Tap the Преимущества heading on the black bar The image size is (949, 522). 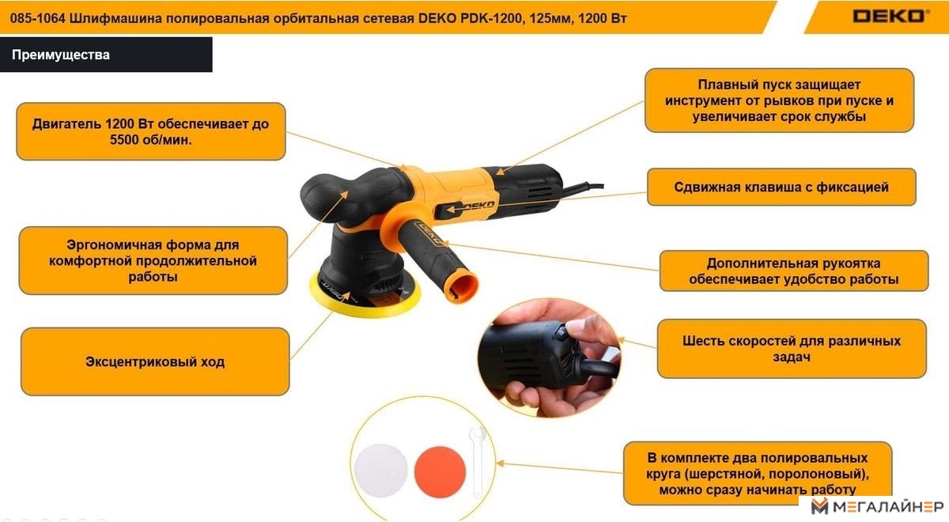pyautogui.click(x=61, y=55)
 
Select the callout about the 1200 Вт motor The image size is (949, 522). pyautogui.click(x=151, y=131)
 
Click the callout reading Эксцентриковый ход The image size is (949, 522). pyautogui.click(x=155, y=362)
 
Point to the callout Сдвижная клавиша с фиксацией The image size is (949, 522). pyautogui.click(x=781, y=187)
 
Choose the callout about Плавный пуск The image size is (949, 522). pyautogui.click(x=779, y=100)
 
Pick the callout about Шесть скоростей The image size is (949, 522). pyautogui.click(x=792, y=349)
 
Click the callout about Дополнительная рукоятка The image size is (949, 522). pyautogui.click(x=793, y=270)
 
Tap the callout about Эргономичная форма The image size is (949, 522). pyautogui.click(x=153, y=260)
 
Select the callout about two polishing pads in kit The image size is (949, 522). pyautogui.click(x=758, y=473)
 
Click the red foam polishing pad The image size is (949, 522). pyautogui.click(x=440, y=471)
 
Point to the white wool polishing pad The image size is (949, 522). pyautogui.click(x=381, y=471)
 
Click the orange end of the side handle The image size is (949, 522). pyautogui.click(x=461, y=288)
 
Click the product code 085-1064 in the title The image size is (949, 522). pyautogui.click(x=38, y=19)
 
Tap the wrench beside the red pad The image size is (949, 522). pyautogui.click(x=478, y=462)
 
